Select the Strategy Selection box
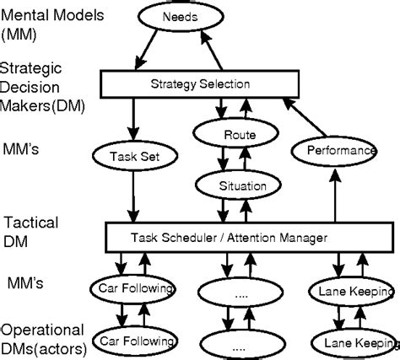pyautogui.click(x=201, y=83)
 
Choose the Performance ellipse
pyautogui.click(x=334, y=150)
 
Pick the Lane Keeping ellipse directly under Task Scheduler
pyautogui.click(x=354, y=290)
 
